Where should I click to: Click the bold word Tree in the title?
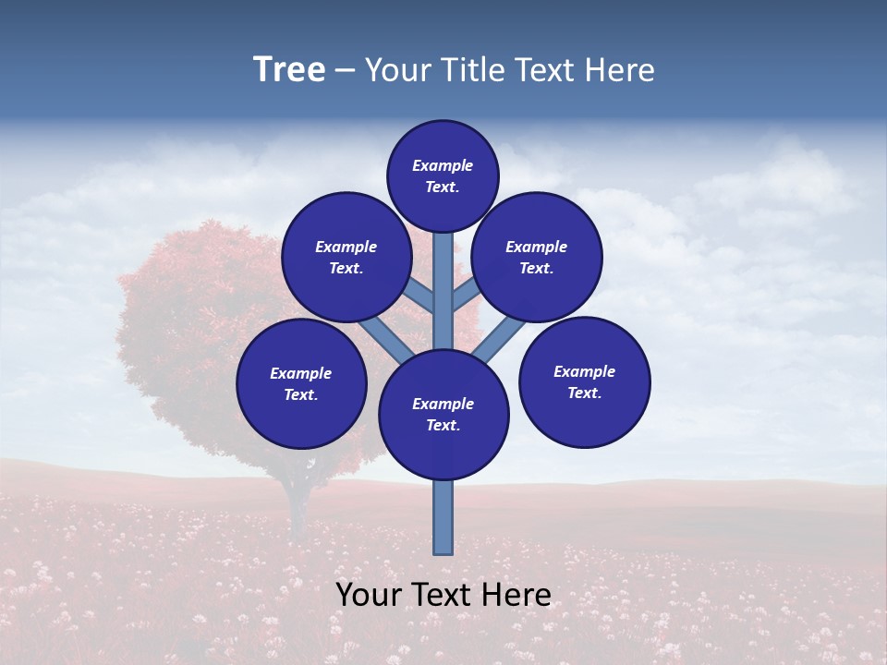(x=289, y=70)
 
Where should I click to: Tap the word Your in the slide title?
(x=395, y=70)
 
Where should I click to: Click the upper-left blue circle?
(x=346, y=257)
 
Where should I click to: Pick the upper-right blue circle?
(x=537, y=257)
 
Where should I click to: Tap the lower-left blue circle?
(x=301, y=383)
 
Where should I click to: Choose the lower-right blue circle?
(x=585, y=381)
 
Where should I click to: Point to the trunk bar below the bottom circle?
(x=443, y=517)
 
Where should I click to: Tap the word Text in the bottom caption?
(x=443, y=595)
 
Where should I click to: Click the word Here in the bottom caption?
(x=516, y=595)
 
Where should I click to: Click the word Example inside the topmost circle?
(x=443, y=165)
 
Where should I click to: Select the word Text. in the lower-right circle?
(x=584, y=393)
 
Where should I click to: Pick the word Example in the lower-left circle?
(x=301, y=373)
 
